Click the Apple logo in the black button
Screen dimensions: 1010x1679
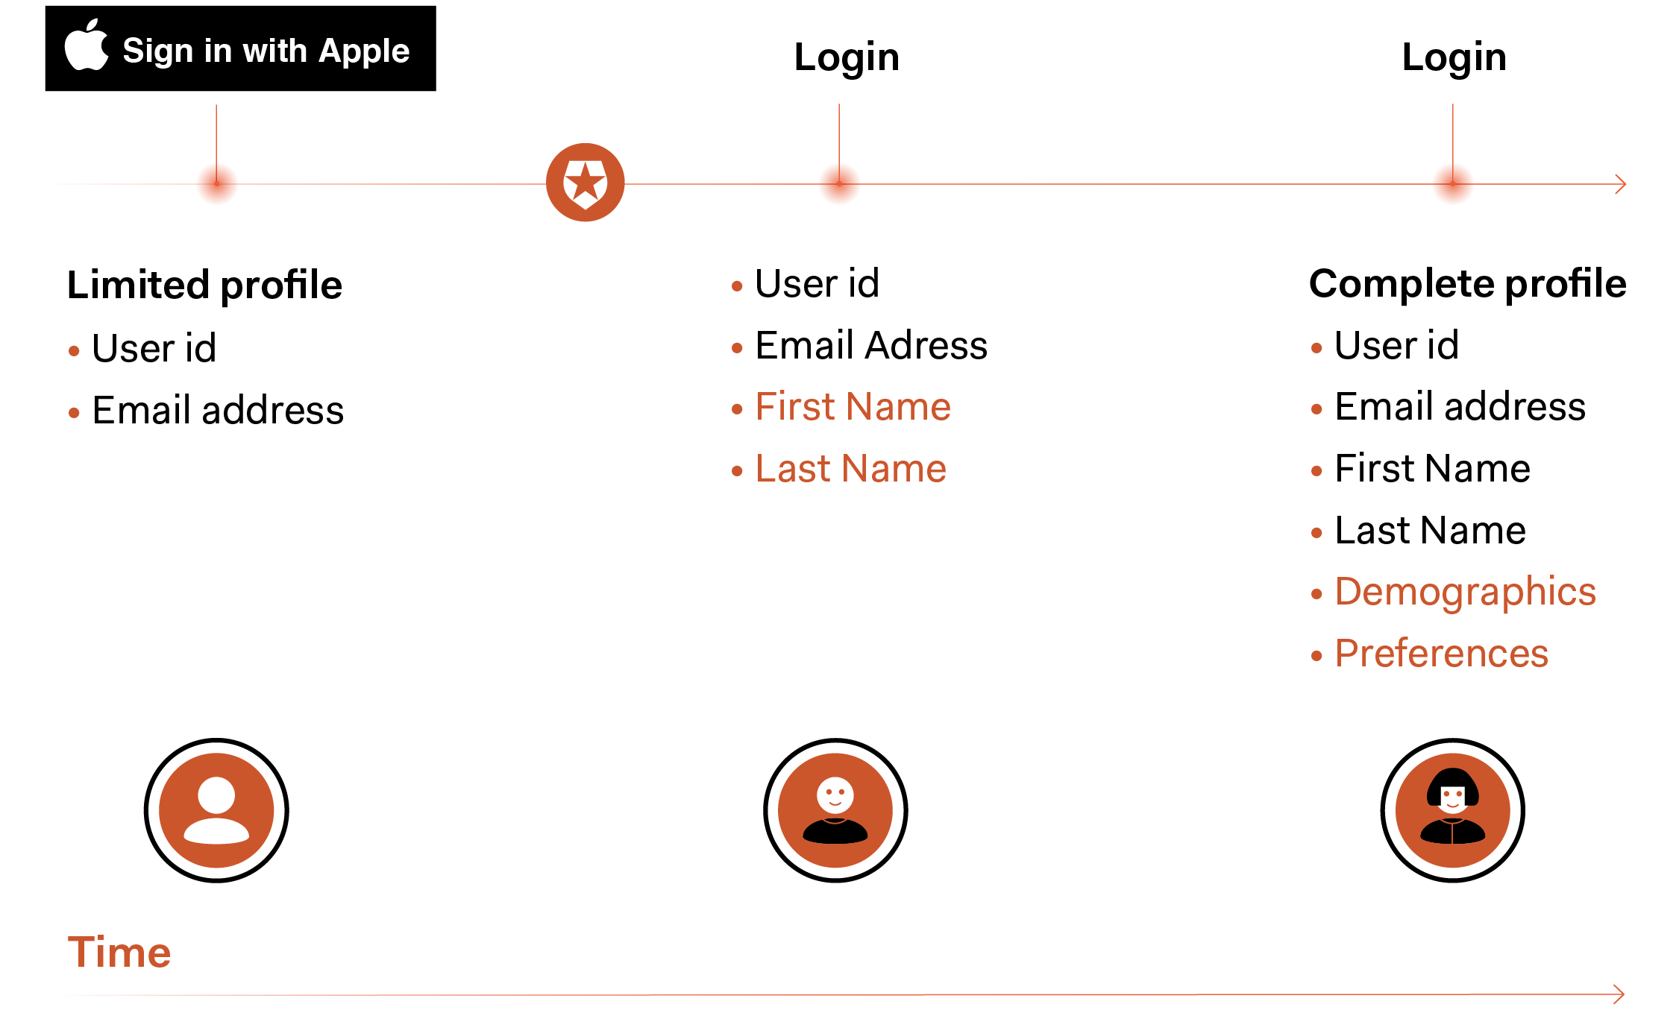(87, 46)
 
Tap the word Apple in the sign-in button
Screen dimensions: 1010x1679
(364, 51)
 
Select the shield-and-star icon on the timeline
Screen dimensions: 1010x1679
(586, 183)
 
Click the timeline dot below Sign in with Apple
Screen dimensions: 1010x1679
(217, 184)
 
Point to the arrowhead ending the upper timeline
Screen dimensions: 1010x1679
(1620, 184)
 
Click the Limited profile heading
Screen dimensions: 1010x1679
(204, 285)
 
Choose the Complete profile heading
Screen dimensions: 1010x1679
(1467, 284)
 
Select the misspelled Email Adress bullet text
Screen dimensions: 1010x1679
(871, 346)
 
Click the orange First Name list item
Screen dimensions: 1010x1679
(853, 407)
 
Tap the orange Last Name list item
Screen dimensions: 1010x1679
(851, 469)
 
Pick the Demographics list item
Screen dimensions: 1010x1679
(1465, 592)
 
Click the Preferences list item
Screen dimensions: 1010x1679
(1441, 654)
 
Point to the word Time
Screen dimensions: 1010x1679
(119, 952)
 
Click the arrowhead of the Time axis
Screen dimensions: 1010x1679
(1618, 994)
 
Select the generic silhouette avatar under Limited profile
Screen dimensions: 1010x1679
(216, 810)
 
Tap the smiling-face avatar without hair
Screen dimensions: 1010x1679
(835, 810)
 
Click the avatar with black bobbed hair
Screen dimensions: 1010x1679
(1452, 810)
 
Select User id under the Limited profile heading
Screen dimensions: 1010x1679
(154, 348)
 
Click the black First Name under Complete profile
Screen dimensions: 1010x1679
(1432, 469)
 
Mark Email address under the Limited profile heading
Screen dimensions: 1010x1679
(218, 410)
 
